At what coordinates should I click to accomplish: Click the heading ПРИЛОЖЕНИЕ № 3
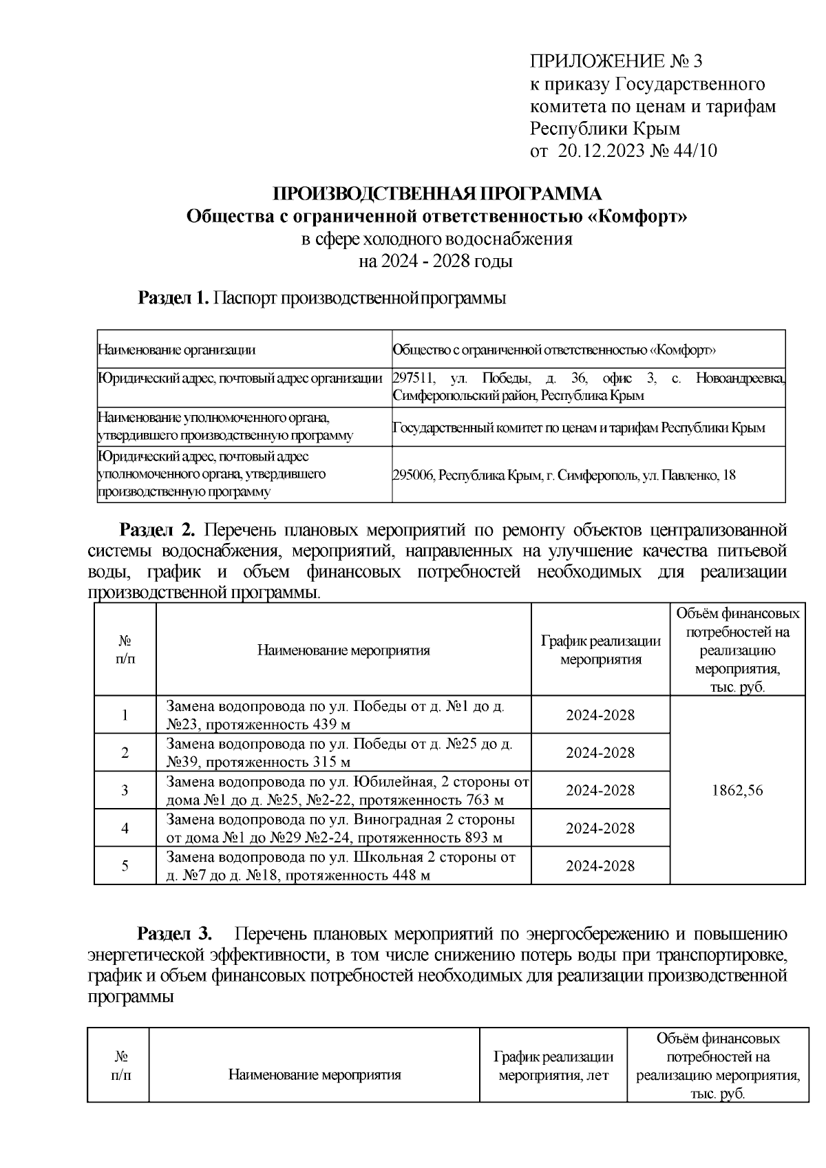coord(616,62)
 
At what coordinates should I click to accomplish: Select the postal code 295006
coord(412,475)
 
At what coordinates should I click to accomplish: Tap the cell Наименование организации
coord(177,350)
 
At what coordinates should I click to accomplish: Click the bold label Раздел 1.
coord(173,298)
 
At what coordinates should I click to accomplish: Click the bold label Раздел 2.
coord(158,531)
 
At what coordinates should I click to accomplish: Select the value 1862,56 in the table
coord(737,791)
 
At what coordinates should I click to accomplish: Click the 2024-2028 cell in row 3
coord(600,791)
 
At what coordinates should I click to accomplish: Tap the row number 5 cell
coord(125,866)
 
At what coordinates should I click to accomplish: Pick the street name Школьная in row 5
coord(385,858)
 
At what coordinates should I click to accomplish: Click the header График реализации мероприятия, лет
coord(553,1065)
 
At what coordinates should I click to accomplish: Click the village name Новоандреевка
coord(740,379)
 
